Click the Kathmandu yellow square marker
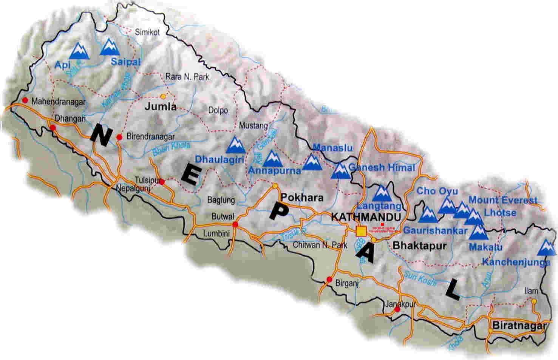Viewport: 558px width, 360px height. tap(361, 230)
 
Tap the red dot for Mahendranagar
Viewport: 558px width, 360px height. tap(25, 100)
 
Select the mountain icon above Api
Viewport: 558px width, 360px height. tap(80, 51)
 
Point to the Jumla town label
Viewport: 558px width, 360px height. tap(161, 107)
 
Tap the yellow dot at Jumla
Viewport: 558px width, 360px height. tap(163, 96)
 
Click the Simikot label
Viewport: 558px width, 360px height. tap(147, 32)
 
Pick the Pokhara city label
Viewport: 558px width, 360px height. tap(301, 198)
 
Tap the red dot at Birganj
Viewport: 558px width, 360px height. tap(329, 280)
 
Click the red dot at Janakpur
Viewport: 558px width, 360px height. tap(397, 309)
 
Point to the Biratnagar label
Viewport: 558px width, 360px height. tap(519, 326)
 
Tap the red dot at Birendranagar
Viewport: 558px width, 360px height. tap(119, 137)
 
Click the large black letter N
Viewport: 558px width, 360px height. tap(101, 135)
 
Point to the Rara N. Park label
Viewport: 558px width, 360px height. tap(187, 77)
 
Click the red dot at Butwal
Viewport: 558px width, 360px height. tap(235, 224)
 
